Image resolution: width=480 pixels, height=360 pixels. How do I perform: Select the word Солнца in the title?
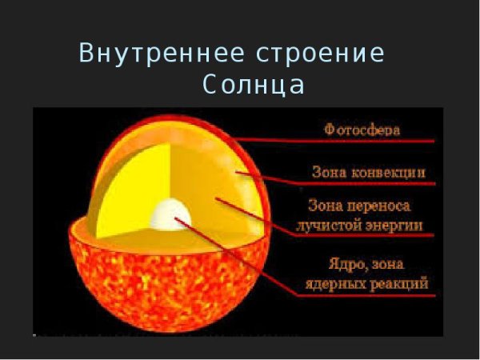[x=254, y=85]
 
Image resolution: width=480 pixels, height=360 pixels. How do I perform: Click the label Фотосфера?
[x=362, y=128]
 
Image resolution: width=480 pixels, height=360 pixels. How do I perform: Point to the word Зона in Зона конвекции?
[x=328, y=172]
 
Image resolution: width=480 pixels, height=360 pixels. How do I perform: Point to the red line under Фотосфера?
[x=336, y=140]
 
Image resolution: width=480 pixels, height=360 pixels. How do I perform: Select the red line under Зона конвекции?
[x=352, y=184]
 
